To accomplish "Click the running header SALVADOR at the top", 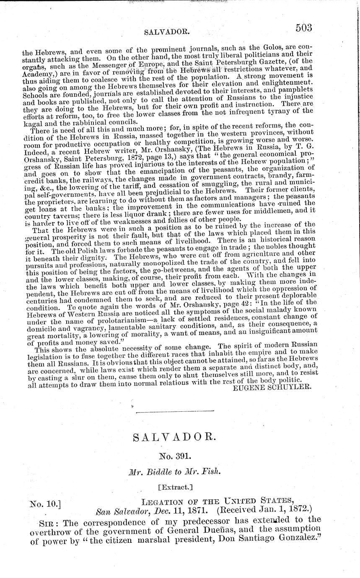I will click(x=161, y=31).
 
